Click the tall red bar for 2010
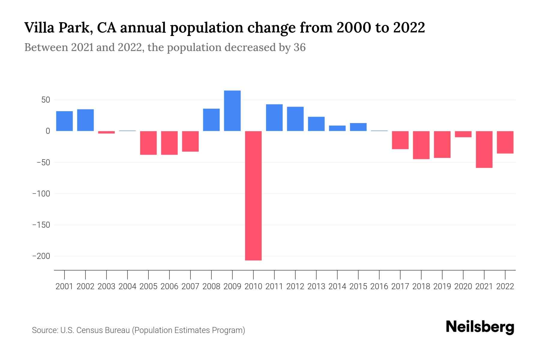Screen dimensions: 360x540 pyautogui.click(x=253, y=196)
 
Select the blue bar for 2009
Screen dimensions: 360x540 pyautogui.click(x=232, y=111)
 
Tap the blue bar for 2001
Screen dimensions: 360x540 pyautogui.click(x=64, y=121)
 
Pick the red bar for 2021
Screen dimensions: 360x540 pyautogui.click(x=484, y=149)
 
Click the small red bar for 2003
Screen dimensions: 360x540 pyautogui.click(x=106, y=132)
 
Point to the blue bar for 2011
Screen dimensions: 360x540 pyautogui.click(x=274, y=118)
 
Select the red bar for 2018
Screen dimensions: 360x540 pyautogui.click(x=421, y=145)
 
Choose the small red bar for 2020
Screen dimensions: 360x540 pyautogui.click(x=463, y=134)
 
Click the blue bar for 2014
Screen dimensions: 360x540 pyautogui.click(x=337, y=128)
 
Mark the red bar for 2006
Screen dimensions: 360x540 pyautogui.click(x=169, y=143)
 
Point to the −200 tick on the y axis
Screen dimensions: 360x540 pyautogui.click(x=41, y=256)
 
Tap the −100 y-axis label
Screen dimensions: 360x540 pyautogui.click(x=41, y=194)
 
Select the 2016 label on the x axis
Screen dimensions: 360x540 pyautogui.click(x=379, y=286)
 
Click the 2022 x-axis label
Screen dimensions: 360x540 pyautogui.click(x=505, y=286)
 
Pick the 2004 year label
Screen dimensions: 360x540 pyautogui.click(x=127, y=286)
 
